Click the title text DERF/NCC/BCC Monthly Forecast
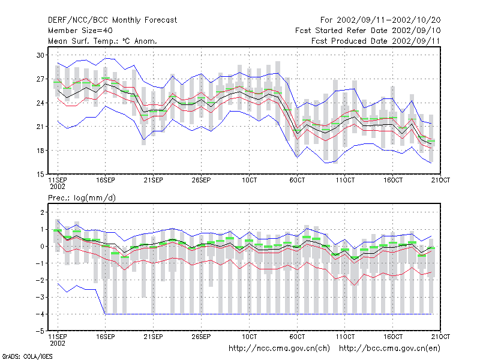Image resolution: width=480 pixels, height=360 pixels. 112,20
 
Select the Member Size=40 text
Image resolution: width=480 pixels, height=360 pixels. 80,31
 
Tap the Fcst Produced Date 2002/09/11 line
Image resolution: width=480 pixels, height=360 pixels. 376,41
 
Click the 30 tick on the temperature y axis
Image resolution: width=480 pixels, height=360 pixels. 40,55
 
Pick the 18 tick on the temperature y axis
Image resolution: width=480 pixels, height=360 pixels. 40,151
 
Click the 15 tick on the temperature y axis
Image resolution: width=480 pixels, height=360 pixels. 40,175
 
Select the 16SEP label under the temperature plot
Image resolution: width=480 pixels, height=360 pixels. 106,180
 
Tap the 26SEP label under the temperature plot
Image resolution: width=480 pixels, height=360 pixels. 201,180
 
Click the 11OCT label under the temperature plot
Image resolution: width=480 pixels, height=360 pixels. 345,180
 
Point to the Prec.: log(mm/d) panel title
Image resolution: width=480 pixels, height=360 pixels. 82,198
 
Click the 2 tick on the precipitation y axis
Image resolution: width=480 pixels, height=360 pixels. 42,212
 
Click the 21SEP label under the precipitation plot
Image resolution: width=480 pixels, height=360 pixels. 153,337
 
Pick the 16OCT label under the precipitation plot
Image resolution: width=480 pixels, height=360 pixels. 393,337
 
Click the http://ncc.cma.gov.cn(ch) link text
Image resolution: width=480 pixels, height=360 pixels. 279,349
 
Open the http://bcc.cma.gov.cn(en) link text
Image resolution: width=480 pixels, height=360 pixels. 389,349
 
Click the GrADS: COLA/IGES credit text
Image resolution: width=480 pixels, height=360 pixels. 27,356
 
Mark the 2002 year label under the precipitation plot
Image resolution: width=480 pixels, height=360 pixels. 58,343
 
